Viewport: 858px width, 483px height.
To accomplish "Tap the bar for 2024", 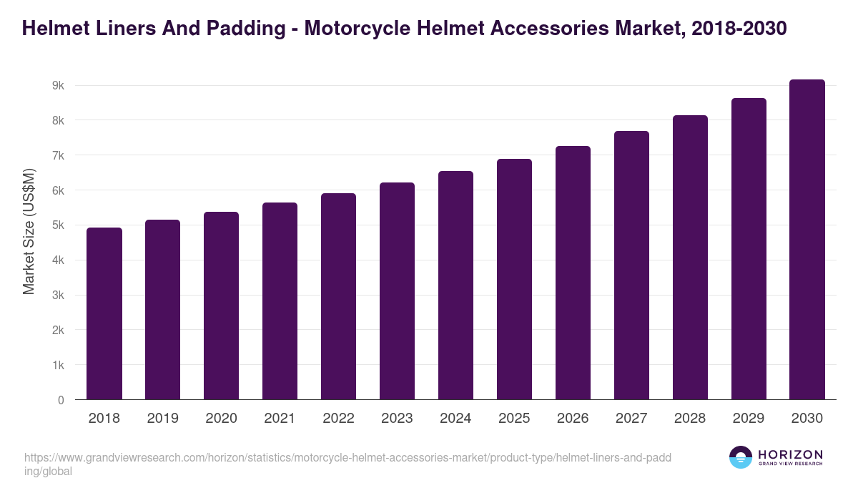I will [x=455, y=286].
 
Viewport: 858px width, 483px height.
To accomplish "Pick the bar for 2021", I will [x=280, y=301].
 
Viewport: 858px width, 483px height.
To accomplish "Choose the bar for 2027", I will [x=631, y=265].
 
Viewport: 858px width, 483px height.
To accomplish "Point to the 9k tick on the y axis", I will [x=58, y=86].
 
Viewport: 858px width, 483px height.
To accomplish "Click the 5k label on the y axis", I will [x=58, y=225].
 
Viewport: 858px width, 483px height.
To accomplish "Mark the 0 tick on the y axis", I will [x=61, y=400].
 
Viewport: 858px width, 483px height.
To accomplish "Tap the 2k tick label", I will [x=58, y=331].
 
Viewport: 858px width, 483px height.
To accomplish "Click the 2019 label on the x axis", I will [x=162, y=419].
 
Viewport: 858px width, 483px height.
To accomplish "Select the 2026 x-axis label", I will [x=573, y=419].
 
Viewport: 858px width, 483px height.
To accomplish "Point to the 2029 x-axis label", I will [x=749, y=419].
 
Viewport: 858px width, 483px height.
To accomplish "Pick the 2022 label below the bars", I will [x=338, y=419].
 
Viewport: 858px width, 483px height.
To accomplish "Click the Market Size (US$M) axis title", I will [x=29, y=231].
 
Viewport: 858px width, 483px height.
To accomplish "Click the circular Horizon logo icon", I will [x=740, y=457].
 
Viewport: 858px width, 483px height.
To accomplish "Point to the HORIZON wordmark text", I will [x=790, y=454].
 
